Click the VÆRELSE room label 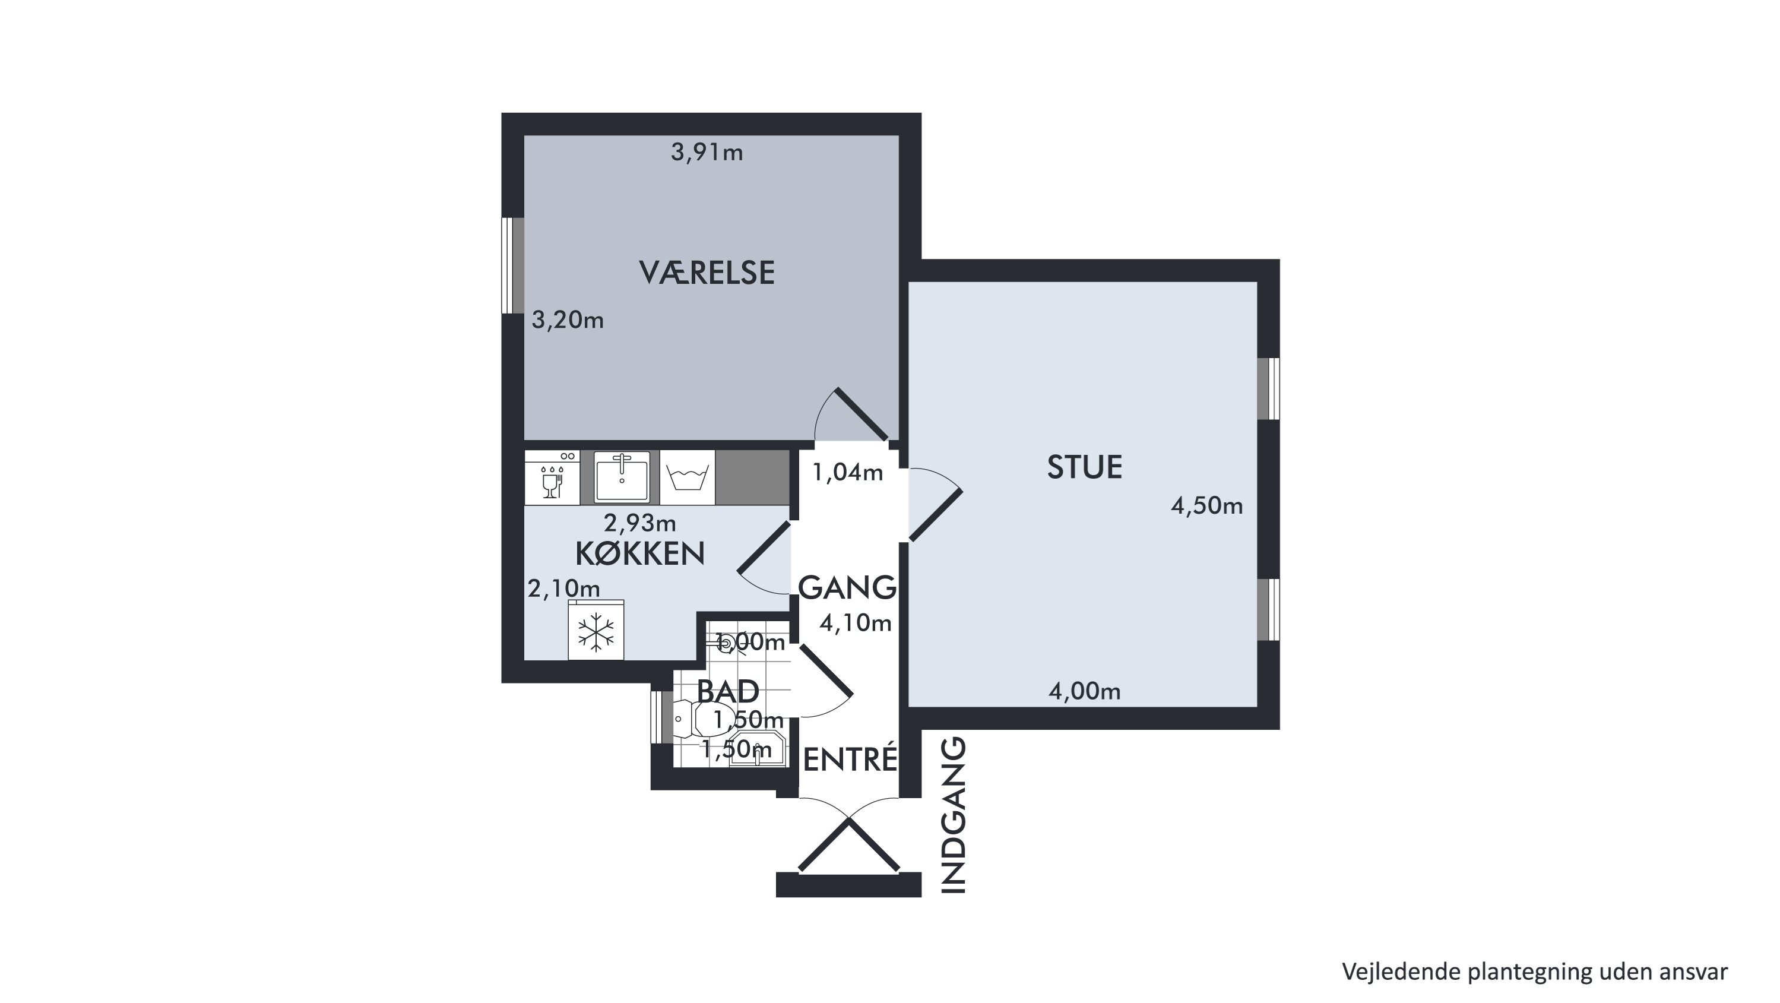[x=707, y=273]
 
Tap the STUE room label [x=1084, y=468]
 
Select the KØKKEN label [x=640, y=553]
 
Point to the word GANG [x=847, y=587]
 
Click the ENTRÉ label [x=850, y=760]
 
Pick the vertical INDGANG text [x=954, y=817]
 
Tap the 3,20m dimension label [x=567, y=320]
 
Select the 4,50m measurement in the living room [x=1206, y=506]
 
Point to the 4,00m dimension [x=1084, y=691]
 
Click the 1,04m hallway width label [x=847, y=472]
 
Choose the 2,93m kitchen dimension [x=640, y=523]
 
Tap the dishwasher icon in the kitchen [x=552, y=477]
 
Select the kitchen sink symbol [x=622, y=477]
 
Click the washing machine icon [x=687, y=477]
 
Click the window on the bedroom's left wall [x=513, y=265]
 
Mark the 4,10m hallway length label [x=856, y=624]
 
